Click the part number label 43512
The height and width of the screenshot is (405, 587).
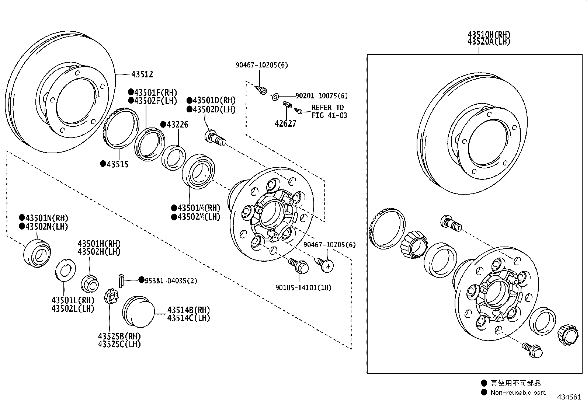[x=142, y=74]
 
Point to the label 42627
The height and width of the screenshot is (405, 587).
[x=285, y=124]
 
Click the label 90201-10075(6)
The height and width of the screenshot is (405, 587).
[x=321, y=96]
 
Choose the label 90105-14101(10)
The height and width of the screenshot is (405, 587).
[x=303, y=287]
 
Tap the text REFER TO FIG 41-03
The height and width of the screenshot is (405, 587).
[x=329, y=111]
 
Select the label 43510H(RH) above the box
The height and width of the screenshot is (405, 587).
[x=489, y=35]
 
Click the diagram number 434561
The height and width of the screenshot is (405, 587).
[x=569, y=397]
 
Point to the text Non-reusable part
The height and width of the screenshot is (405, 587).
[x=518, y=392]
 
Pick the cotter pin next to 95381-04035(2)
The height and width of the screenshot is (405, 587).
[x=122, y=279]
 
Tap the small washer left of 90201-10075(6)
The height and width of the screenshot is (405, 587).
[x=275, y=97]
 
